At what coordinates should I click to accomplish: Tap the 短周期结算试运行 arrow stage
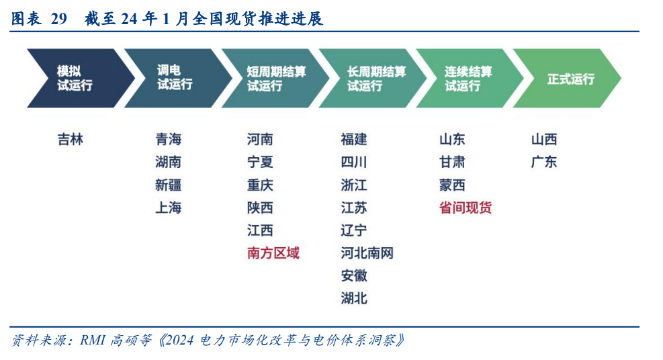pyautogui.click(x=275, y=78)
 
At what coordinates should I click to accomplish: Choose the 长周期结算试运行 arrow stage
pyautogui.click(x=373, y=78)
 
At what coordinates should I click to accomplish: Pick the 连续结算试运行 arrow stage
pyautogui.click(x=470, y=78)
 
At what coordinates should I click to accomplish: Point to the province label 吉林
pyautogui.click(x=70, y=140)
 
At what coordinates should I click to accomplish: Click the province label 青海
pyautogui.click(x=169, y=140)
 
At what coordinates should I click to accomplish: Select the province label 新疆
pyautogui.click(x=169, y=185)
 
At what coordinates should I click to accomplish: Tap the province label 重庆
pyautogui.click(x=260, y=185)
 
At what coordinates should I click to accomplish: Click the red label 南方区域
pyautogui.click(x=273, y=253)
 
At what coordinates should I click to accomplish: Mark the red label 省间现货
pyautogui.click(x=466, y=208)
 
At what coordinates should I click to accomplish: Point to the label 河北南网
pyautogui.click(x=367, y=253)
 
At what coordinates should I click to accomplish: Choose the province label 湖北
pyautogui.click(x=354, y=299)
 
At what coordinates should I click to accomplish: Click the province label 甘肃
pyautogui.click(x=453, y=163)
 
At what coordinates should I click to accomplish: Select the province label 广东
pyautogui.click(x=544, y=163)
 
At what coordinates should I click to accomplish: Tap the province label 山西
pyautogui.click(x=544, y=140)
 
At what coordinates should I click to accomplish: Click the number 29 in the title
pyautogui.click(x=58, y=19)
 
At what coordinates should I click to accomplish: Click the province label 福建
pyautogui.click(x=354, y=140)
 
